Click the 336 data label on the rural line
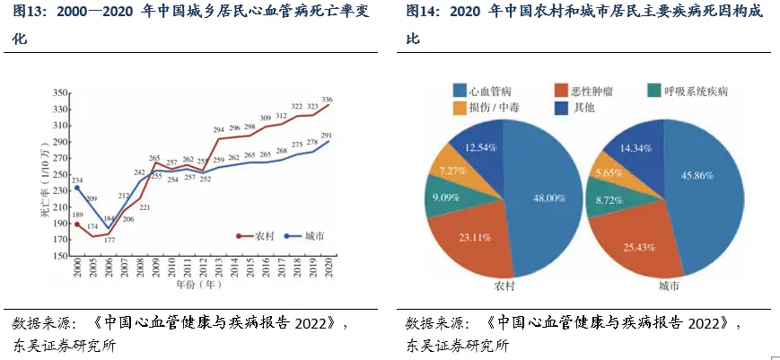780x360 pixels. [x=327, y=100]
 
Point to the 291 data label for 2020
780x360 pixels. [x=327, y=136]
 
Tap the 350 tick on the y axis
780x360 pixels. [x=61, y=92]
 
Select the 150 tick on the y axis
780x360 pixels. [x=61, y=255]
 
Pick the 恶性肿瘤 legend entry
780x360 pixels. [x=583, y=90]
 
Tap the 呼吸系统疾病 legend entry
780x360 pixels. [x=688, y=90]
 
